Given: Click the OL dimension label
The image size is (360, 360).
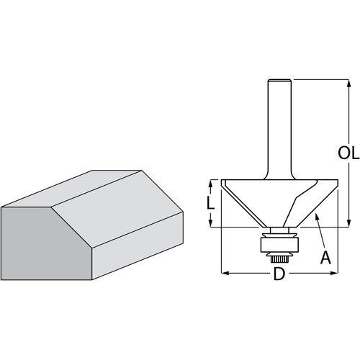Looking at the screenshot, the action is click(348, 153).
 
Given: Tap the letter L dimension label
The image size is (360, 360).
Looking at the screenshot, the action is click(211, 204).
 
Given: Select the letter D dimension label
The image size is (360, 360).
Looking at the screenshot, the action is click(279, 274).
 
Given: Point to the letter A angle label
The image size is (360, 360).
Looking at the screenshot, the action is click(325, 257).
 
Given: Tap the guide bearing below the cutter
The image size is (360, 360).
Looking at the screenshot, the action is click(279, 245).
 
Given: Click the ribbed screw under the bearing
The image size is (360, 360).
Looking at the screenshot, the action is click(279, 259).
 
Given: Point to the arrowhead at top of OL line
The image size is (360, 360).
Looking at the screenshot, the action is click(349, 83).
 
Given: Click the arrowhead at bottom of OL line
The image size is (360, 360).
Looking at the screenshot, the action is click(349, 223).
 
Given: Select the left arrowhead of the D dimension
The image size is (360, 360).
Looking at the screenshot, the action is click(225, 273).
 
